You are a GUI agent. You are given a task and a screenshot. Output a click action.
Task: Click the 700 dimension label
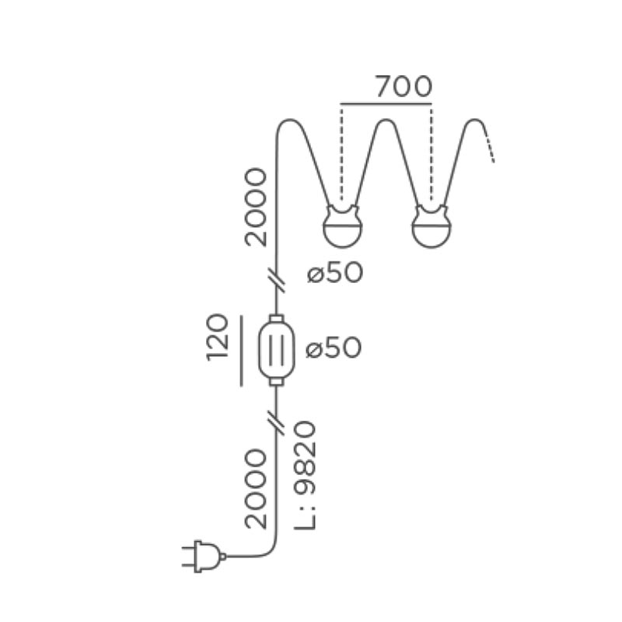tap(404, 86)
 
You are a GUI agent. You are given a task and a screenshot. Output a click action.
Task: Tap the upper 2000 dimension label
tap(256, 207)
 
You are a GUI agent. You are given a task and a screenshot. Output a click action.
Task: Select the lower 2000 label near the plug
tap(256, 489)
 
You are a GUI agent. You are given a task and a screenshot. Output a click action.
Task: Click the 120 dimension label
tap(218, 337)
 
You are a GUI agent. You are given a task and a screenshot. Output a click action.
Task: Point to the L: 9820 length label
tap(305, 476)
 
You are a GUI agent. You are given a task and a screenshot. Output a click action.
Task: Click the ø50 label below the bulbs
tap(335, 274)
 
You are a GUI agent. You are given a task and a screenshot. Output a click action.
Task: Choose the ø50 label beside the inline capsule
tap(334, 348)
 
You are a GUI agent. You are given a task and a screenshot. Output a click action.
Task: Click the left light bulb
tap(343, 226)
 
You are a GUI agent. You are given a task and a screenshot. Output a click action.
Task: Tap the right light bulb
tap(432, 226)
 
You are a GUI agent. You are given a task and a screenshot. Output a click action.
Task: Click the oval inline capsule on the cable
tap(277, 350)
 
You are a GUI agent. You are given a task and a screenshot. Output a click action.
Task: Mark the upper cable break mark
tap(277, 280)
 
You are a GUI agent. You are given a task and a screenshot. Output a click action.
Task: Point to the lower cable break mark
tap(277, 423)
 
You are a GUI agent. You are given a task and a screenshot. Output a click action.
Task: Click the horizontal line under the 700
tap(386, 104)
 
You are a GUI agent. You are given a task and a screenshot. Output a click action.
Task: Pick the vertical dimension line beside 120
tap(241, 351)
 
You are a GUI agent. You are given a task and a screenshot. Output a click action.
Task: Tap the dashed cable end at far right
tap(490, 147)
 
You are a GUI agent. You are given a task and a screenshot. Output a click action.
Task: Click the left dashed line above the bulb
tap(341, 152)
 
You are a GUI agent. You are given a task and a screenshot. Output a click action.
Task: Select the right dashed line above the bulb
tap(432, 152)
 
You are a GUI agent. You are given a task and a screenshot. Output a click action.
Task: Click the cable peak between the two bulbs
tap(386, 120)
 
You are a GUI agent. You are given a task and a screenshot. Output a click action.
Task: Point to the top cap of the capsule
tap(277, 319)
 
